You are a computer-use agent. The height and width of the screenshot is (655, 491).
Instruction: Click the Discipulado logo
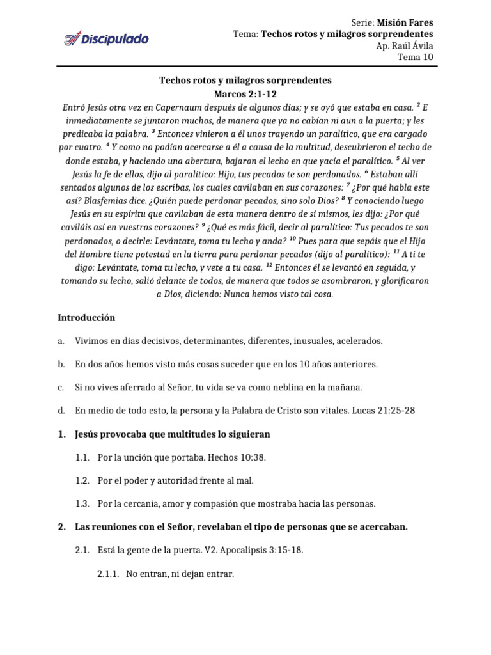pos(106,40)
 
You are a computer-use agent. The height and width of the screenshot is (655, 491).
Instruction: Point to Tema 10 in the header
pos(416,57)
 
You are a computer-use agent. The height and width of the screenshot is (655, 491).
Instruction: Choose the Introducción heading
pos(86,317)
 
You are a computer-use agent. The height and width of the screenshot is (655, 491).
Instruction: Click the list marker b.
pos(61,364)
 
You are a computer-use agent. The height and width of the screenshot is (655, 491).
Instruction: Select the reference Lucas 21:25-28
pos(383,411)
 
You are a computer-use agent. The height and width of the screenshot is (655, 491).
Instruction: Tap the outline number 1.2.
pos(82,480)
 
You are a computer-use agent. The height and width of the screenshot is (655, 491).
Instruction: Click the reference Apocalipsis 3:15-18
pos(267,550)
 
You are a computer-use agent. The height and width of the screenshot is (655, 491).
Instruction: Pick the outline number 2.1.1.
pos(107,574)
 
